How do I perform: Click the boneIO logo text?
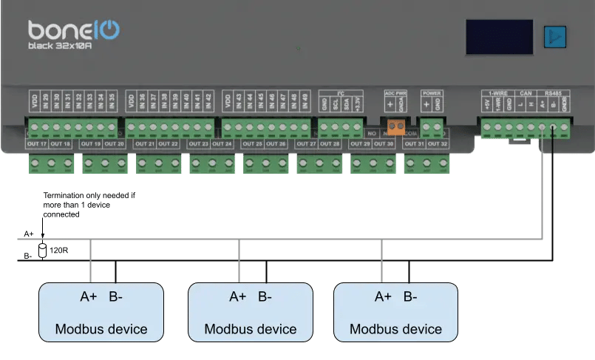pos(74,30)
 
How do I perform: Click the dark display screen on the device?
pos(499,35)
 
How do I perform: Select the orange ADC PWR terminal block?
pos(395,126)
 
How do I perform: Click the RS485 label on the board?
pos(553,93)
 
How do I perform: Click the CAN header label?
pos(526,93)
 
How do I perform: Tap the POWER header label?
pos(431,93)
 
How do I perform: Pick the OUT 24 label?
pos(223,143)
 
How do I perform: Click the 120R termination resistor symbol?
pos(42,250)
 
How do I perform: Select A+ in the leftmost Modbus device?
pos(88,297)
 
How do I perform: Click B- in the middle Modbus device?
pos(265,297)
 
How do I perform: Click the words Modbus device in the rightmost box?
pos(396,329)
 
